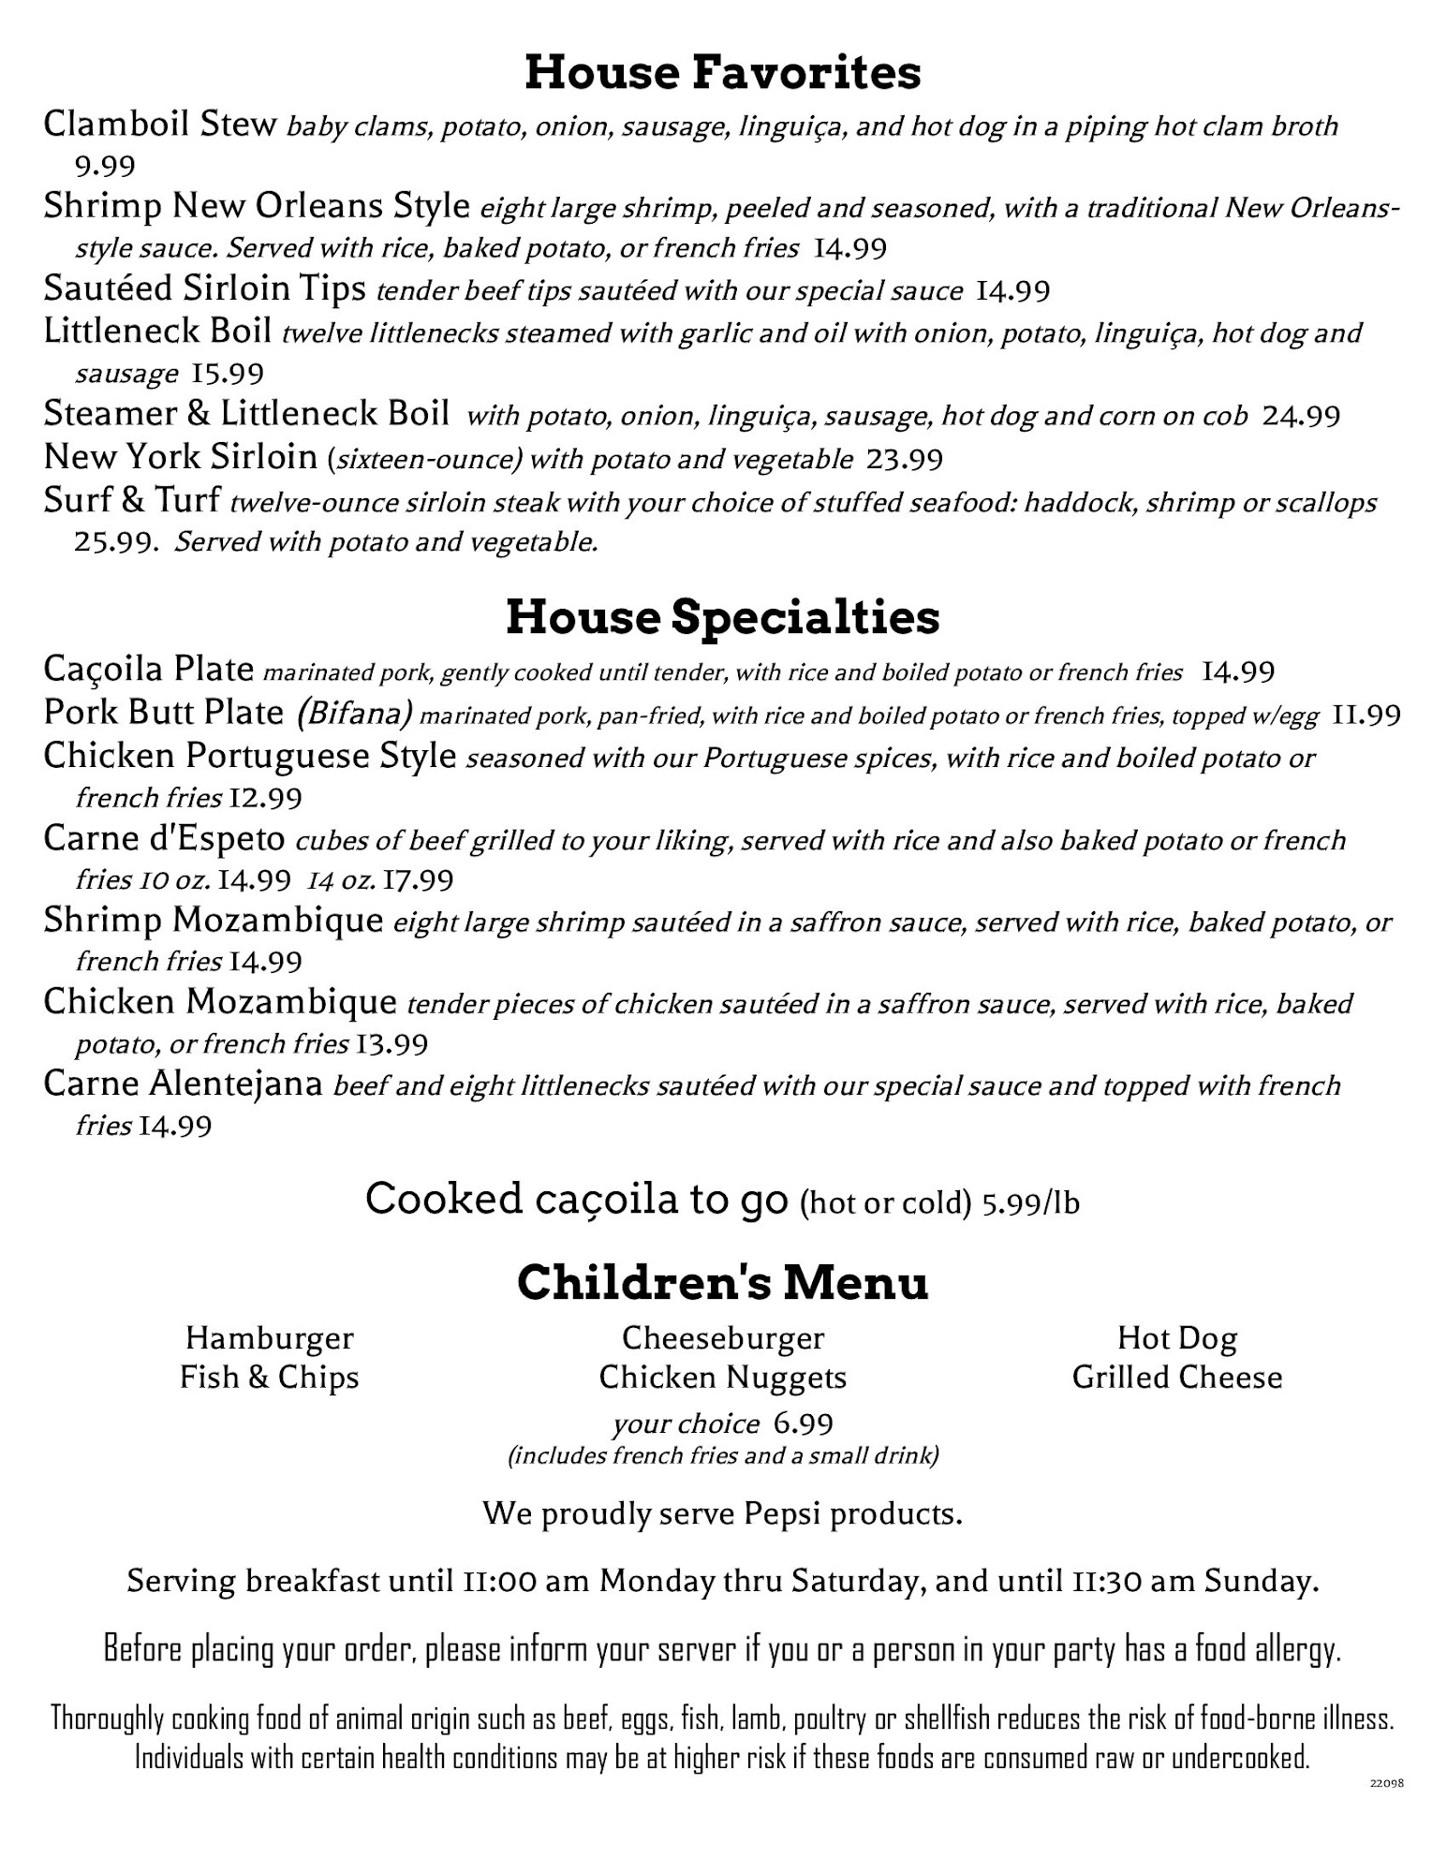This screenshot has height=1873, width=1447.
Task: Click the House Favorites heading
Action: [722, 73]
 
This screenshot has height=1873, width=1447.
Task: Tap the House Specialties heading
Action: [722, 618]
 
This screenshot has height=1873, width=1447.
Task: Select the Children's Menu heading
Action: [722, 1283]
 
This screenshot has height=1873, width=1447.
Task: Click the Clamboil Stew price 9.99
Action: [105, 167]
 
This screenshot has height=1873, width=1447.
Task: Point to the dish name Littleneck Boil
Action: [157, 332]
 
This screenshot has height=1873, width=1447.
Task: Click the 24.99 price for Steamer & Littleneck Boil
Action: [1301, 415]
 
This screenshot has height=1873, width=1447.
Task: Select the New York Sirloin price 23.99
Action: [904, 459]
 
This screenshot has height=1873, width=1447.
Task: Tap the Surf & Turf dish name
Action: [131, 501]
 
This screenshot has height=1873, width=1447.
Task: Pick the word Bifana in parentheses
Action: [355, 715]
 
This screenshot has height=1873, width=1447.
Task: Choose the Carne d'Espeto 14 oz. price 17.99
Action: [419, 880]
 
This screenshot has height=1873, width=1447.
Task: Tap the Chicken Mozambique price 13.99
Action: [391, 1044]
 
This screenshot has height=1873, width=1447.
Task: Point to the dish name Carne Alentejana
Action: [183, 1084]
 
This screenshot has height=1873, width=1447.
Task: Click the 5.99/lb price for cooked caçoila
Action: [1030, 1202]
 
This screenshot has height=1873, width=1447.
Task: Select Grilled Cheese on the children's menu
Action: [1176, 1378]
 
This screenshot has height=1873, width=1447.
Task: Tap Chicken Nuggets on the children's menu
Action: [722, 1378]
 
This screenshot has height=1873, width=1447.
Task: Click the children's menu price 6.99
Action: [803, 1424]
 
